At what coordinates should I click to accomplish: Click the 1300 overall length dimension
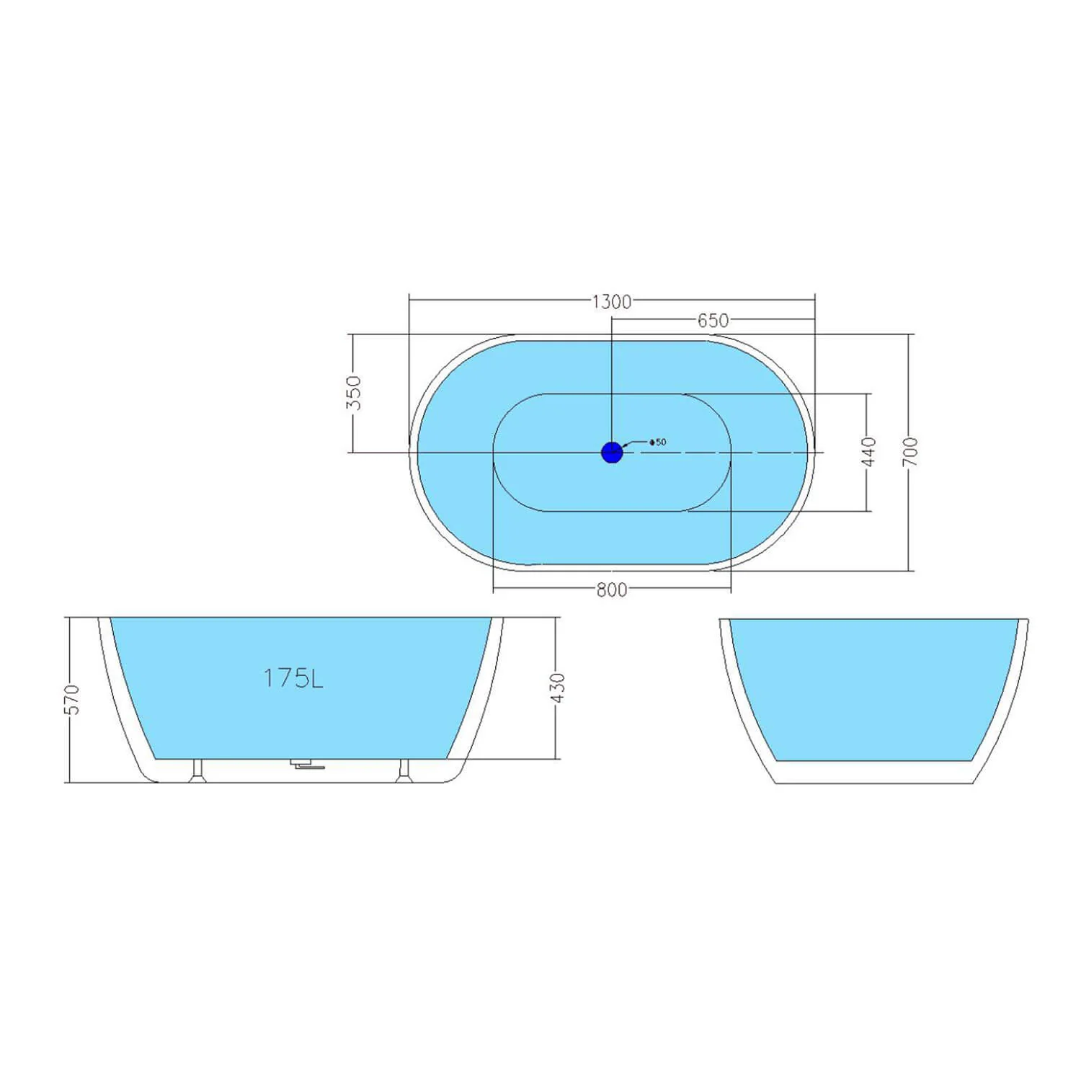click(611, 301)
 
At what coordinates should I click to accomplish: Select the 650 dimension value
click(713, 321)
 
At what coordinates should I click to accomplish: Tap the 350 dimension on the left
click(353, 392)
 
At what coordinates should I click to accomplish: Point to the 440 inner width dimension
click(869, 452)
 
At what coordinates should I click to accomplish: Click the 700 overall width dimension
click(910, 452)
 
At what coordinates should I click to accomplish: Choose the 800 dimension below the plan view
click(611, 590)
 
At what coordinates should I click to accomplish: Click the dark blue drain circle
click(611, 453)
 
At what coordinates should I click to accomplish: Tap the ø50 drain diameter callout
click(657, 442)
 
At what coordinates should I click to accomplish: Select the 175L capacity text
click(293, 678)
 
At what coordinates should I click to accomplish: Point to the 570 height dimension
click(72, 699)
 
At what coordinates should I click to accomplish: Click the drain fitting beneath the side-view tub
click(306, 765)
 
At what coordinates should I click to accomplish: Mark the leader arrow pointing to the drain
click(633, 444)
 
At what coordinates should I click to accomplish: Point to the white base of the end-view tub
click(873, 773)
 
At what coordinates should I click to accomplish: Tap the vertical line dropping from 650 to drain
click(611, 382)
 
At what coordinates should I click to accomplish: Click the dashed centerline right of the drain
click(721, 453)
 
